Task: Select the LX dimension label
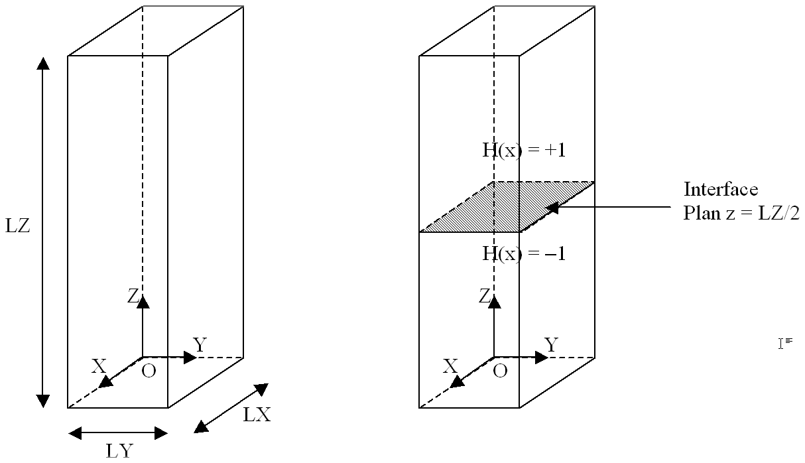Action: click(x=257, y=416)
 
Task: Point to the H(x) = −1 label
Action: click(x=523, y=253)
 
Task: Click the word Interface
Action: click(x=720, y=190)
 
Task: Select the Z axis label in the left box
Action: click(x=133, y=297)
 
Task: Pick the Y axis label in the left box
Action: click(x=199, y=344)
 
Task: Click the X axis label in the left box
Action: click(x=99, y=366)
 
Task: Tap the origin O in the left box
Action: click(x=149, y=371)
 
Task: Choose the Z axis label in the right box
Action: click(x=485, y=297)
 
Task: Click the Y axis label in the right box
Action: click(x=550, y=344)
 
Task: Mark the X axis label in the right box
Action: click(x=450, y=366)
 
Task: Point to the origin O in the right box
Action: click(x=501, y=371)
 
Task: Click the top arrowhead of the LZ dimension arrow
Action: click(x=43, y=64)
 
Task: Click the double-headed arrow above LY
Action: click(x=118, y=434)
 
